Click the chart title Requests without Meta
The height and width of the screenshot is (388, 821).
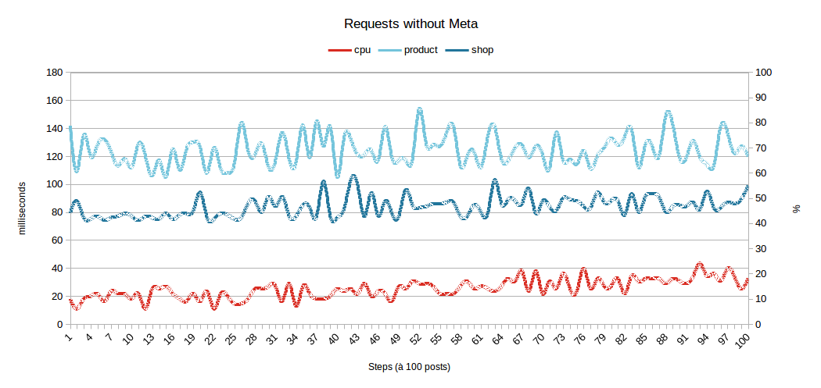(x=410, y=23)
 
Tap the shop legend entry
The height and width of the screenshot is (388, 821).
(x=482, y=50)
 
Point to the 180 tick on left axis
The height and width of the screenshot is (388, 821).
(x=55, y=73)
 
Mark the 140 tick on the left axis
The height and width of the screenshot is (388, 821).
(x=55, y=129)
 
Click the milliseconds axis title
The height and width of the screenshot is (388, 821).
(x=23, y=208)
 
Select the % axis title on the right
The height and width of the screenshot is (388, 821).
(x=797, y=208)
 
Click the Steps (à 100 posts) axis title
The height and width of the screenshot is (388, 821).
(x=409, y=366)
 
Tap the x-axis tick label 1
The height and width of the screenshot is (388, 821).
(x=70, y=337)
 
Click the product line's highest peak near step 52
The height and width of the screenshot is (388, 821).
(x=419, y=110)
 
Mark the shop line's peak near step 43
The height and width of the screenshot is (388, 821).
(x=353, y=176)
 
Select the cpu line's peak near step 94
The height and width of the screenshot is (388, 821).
(x=700, y=265)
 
